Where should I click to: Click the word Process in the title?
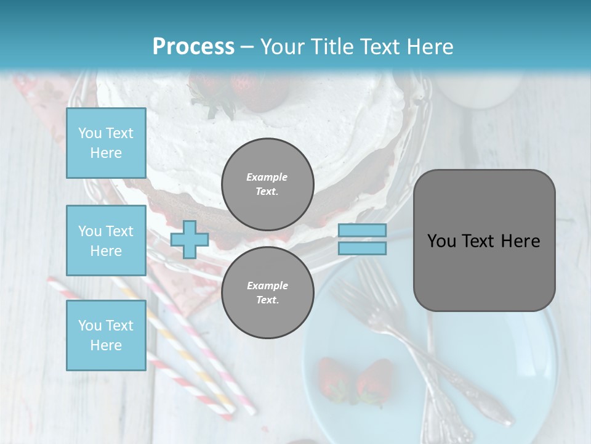click(x=193, y=46)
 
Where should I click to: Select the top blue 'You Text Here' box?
click(x=106, y=143)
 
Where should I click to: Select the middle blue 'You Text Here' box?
click(x=106, y=240)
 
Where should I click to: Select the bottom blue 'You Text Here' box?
click(x=106, y=335)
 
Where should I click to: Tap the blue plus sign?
click(x=190, y=239)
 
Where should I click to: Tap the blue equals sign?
click(x=362, y=239)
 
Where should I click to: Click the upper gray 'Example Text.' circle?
click(x=268, y=184)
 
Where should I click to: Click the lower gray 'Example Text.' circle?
click(x=268, y=292)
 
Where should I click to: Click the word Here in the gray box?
click(x=520, y=241)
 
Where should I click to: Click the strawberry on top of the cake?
click(x=259, y=89)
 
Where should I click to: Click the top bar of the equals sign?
click(x=362, y=231)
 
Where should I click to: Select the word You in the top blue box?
click(x=89, y=133)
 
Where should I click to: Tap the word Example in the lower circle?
click(x=267, y=286)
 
